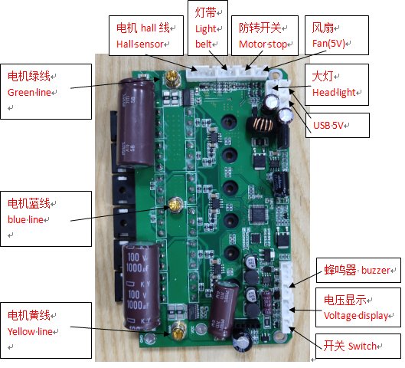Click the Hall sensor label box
tap(146, 35)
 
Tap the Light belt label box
tap(207, 28)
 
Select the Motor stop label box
tap(265, 35)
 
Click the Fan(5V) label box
tap(337, 35)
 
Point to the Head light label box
tap(337, 84)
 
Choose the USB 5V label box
tap(338, 125)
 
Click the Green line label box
tap(46, 91)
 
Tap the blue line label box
tap(46, 219)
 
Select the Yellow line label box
tap(46, 330)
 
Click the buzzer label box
tap(358, 270)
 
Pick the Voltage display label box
tap(358, 307)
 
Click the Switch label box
tap(358, 346)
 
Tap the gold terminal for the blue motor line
tap(175, 205)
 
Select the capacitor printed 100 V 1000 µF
tap(142, 285)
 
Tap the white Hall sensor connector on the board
tap(201, 73)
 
